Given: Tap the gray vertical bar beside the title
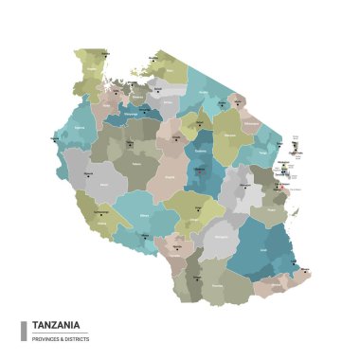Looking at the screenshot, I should [x=23, y=330].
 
